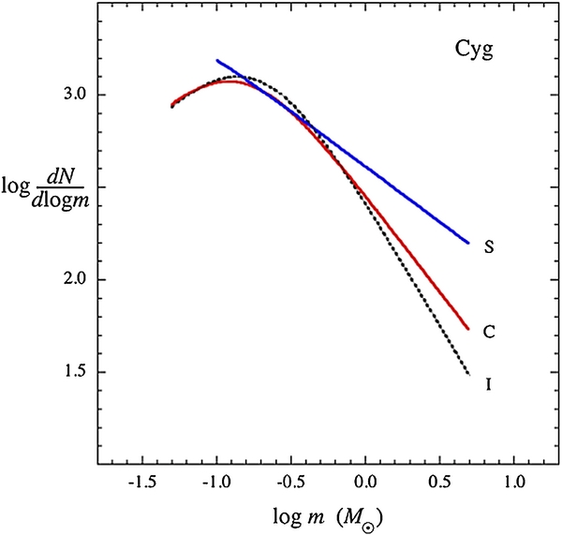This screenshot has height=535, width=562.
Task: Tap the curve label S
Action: point(489,247)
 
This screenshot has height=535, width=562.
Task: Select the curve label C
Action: point(489,331)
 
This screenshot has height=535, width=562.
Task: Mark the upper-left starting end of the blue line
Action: point(216,60)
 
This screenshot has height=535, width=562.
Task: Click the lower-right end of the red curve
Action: point(468,329)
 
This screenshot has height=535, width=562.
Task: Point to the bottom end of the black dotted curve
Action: point(468,376)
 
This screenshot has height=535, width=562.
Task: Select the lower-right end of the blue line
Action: point(468,243)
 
